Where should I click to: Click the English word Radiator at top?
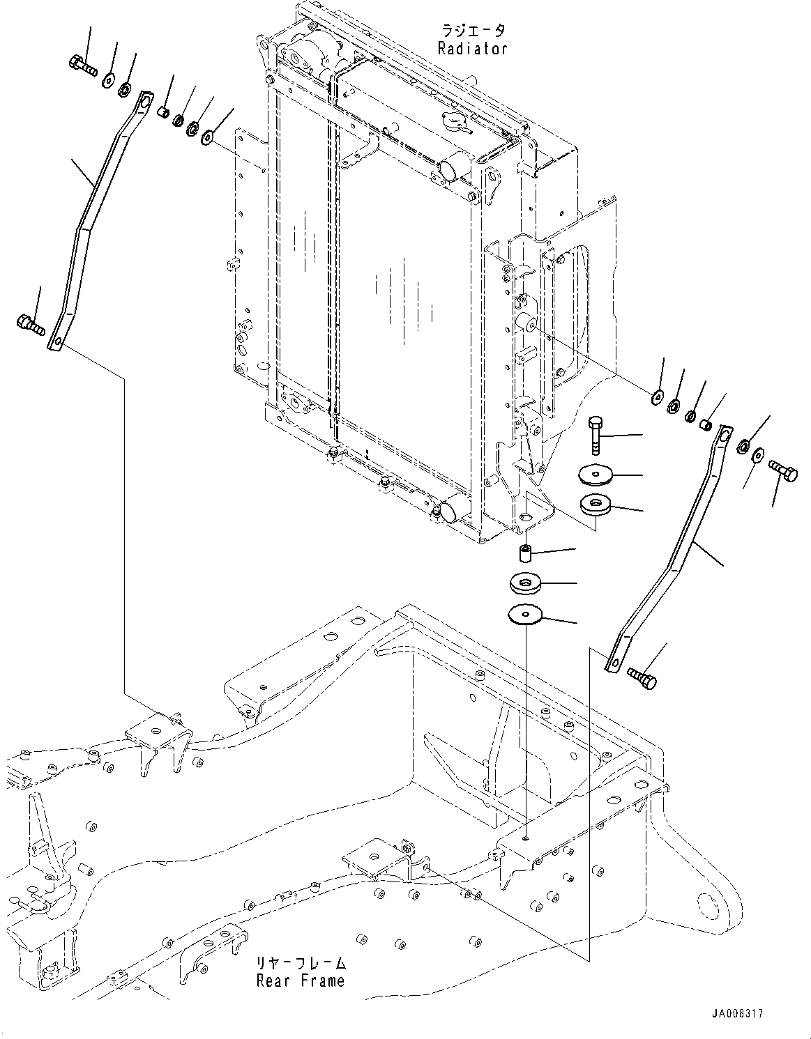coord(472,48)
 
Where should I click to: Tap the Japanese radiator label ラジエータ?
coord(472,31)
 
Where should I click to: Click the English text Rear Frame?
coord(301,981)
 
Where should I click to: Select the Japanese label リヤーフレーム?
coord(301,964)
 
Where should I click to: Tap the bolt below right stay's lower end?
coord(642,677)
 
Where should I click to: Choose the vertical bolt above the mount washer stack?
coord(596,434)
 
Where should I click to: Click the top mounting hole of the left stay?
coord(144,103)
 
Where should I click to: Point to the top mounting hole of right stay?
coord(723,436)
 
